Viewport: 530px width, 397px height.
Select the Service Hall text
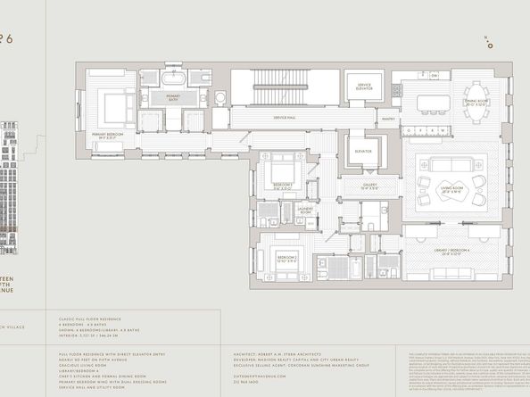286,118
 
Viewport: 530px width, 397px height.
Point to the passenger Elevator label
362,151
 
